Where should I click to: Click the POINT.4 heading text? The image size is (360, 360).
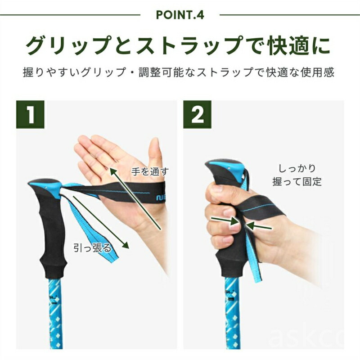pyautogui.click(x=180, y=15)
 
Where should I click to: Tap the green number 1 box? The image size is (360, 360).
pyautogui.click(x=30, y=114)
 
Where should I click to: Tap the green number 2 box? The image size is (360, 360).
pyautogui.click(x=197, y=114)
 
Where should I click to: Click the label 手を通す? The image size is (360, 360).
pyautogui.click(x=150, y=171)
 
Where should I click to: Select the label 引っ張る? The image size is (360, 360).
pyautogui.click(x=92, y=248)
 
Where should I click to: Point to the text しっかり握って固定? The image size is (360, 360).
pyautogui.click(x=297, y=175)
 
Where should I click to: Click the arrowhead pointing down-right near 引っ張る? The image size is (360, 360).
pyautogui.click(x=125, y=245)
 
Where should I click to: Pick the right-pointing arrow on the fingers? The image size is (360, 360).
pyautogui.click(x=225, y=221)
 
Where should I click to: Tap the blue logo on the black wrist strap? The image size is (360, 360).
pyautogui.click(x=161, y=198)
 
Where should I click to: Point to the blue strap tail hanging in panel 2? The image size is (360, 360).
pyautogui.click(x=252, y=257)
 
